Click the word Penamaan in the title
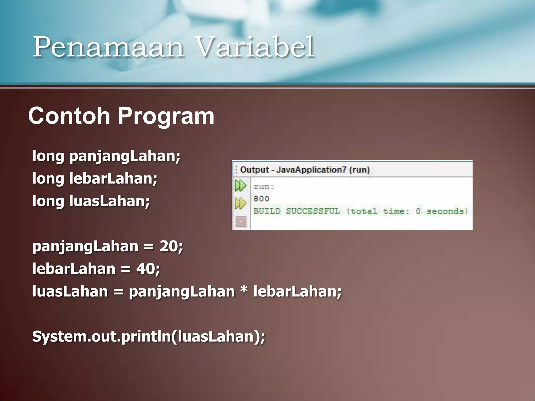[108, 47]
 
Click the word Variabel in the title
[255, 47]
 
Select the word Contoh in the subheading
[69, 116]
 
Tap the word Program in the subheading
[166, 116]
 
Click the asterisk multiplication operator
[244, 290]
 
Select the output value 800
[261, 199]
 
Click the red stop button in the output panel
[241, 221]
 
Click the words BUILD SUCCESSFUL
[297, 211]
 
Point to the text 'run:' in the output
[264, 186]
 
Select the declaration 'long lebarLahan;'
[95, 179]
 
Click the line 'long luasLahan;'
[91, 201]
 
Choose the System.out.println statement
[148, 336]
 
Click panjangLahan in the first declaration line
[125, 156]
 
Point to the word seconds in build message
[447, 211]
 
